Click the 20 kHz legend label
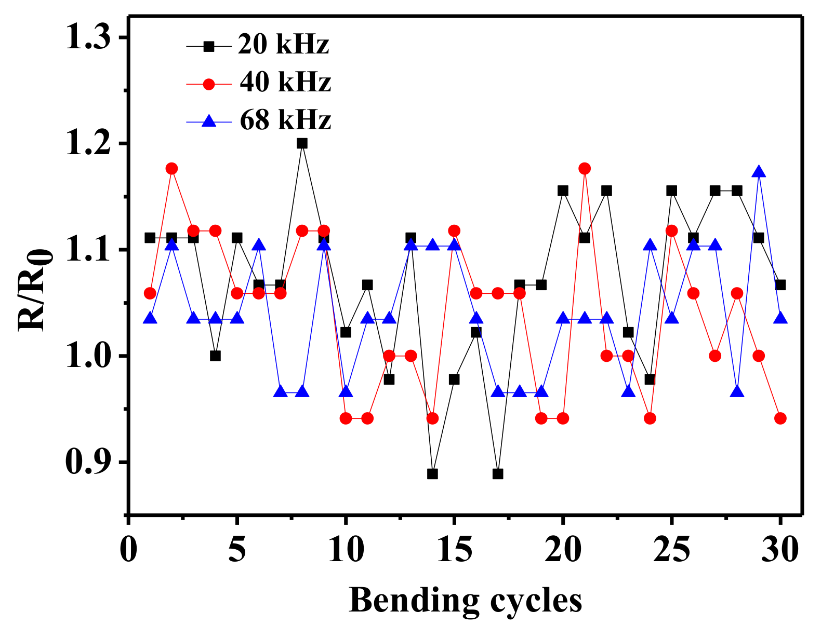(284, 45)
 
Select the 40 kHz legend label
(285, 83)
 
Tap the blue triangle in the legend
(209, 121)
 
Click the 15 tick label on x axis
(454, 549)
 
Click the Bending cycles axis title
(465, 601)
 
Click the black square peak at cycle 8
(302, 143)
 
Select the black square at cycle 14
(432, 474)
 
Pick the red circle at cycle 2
(171, 169)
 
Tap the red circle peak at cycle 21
(585, 169)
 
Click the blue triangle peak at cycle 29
(759, 172)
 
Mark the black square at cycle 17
(498, 474)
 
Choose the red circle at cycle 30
(780, 418)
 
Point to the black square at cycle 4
(215, 356)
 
